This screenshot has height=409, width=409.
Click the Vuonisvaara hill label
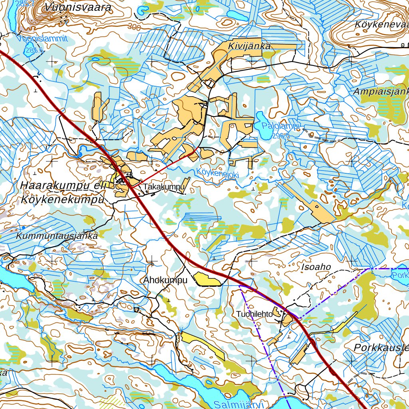(78, 7)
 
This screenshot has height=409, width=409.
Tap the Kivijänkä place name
(249, 46)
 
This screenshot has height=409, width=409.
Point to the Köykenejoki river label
(217, 173)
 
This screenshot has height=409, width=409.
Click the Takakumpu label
(164, 187)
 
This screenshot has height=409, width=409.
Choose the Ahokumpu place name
(165, 280)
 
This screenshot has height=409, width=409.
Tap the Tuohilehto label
(254, 314)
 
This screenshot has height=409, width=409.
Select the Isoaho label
(317, 267)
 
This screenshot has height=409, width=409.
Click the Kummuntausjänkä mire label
(57, 236)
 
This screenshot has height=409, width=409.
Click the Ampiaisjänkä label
(381, 92)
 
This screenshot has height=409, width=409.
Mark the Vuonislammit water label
(42, 39)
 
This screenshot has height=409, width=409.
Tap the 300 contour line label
(135, 28)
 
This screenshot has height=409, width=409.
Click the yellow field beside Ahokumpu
(207, 280)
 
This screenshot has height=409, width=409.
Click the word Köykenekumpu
(63, 200)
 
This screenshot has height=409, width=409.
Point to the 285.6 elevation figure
(34, 51)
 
